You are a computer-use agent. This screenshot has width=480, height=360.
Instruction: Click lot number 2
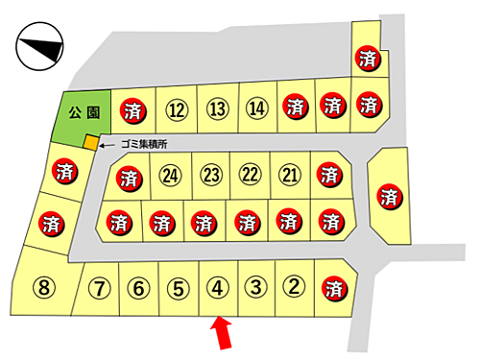click(296, 286)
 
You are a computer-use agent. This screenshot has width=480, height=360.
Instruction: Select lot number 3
click(255, 286)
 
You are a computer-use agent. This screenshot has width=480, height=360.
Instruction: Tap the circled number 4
click(216, 286)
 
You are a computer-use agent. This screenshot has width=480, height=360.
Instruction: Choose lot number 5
click(177, 286)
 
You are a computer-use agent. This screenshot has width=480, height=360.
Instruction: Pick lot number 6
click(138, 286)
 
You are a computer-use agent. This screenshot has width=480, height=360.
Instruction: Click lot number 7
click(99, 286)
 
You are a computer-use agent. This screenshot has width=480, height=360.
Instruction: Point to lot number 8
click(44, 286)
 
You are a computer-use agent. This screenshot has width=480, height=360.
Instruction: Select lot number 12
click(176, 108)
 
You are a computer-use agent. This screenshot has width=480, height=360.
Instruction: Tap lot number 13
click(217, 108)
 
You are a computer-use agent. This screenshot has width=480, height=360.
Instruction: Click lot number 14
click(256, 108)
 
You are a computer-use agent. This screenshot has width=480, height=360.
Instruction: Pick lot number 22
click(251, 175)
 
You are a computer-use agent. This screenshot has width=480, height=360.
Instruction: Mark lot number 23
click(211, 175)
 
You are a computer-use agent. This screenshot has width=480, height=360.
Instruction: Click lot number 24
click(172, 175)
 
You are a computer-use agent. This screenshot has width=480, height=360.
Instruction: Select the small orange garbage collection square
click(90, 144)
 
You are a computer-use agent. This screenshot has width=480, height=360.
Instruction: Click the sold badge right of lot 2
click(334, 287)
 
